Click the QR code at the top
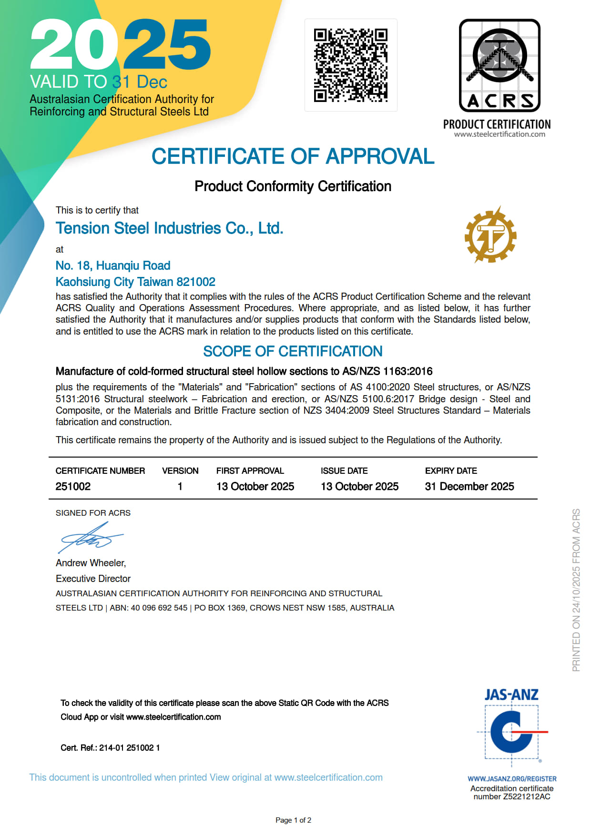tap(350, 65)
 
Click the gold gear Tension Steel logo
tap(490, 235)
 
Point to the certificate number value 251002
tap(73, 486)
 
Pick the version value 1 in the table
tap(180, 486)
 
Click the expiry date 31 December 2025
tap(469, 486)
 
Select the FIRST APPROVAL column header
tap(250, 470)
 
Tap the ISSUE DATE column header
tap(344, 470)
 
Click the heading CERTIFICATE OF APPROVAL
tap(293, 156)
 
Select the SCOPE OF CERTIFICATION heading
tap(293, 351)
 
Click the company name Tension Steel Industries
tap(169, 228)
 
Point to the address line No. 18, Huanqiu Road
tap(113, 265)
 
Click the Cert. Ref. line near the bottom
tap(110, 748)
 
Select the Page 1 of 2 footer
tap(293, 820)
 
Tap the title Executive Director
tap(93, 579)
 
